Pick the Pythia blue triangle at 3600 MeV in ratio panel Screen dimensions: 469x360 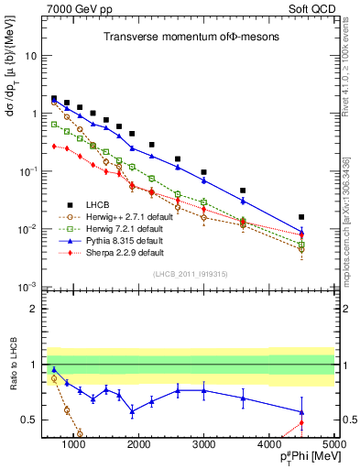pyautogui.click(x=243, y=398)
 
